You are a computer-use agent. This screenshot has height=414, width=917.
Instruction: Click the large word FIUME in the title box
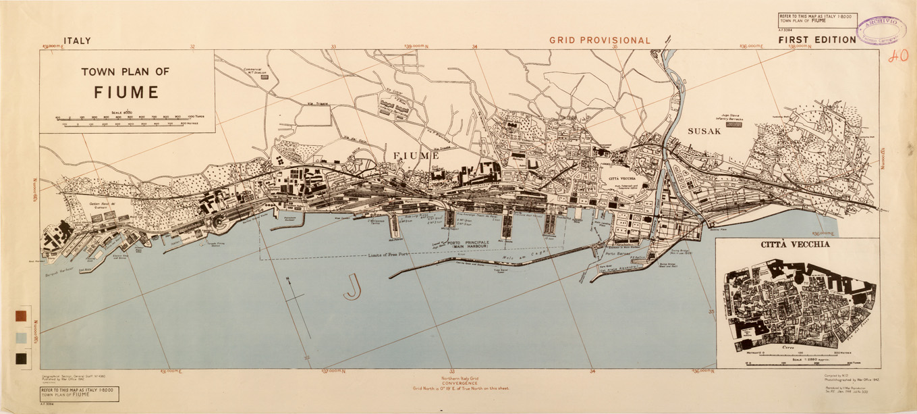[126, 92]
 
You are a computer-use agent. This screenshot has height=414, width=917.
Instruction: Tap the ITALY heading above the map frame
[76, 41]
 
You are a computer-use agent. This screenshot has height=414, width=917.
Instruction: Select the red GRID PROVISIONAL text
[599, 41]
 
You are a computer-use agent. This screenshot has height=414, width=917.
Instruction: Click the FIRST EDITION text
[816, 40]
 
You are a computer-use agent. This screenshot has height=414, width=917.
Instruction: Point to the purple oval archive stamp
[881, 28]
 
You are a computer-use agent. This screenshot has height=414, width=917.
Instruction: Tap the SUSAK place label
[704, 131]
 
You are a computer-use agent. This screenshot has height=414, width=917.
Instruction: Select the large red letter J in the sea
[352, 286]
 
